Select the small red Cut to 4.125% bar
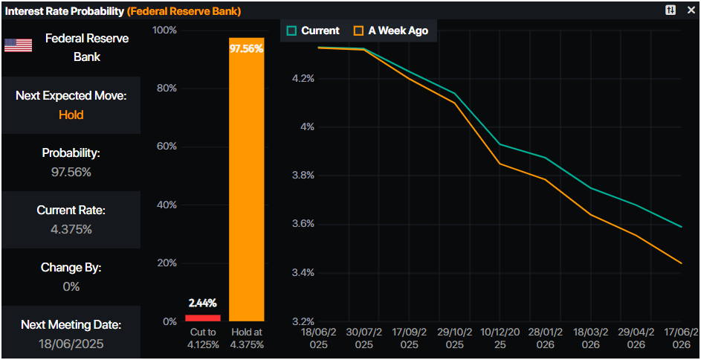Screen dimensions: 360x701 [202, 318]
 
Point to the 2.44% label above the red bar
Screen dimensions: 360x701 [202, 303]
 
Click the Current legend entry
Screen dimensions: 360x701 [313, 30]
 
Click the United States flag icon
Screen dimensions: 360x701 [19, 45]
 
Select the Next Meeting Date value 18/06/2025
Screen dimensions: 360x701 [71, 344]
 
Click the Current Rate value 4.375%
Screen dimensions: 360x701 [71, 229]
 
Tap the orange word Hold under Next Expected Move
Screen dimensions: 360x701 [71, 115]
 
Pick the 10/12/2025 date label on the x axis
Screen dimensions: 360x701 [499, 339]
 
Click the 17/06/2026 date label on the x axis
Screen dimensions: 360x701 [682, 339]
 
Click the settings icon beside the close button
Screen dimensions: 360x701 [670, 10]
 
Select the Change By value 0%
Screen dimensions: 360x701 [71, 286]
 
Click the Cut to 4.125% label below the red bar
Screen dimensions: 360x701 [201, 338]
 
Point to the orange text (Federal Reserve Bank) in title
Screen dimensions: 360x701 [184, 11]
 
